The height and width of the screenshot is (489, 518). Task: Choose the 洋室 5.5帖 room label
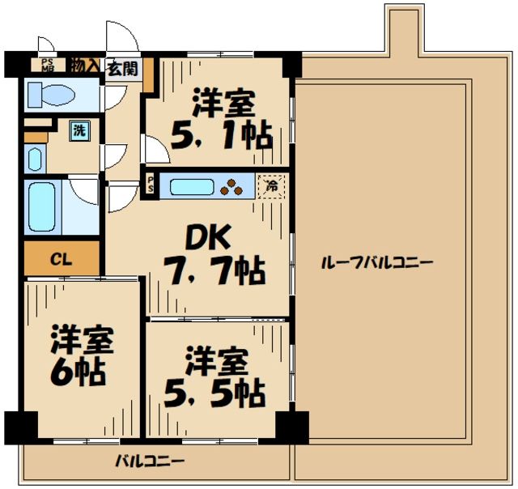pos(215,377)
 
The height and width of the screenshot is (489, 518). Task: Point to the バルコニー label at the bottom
pos(149,461)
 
